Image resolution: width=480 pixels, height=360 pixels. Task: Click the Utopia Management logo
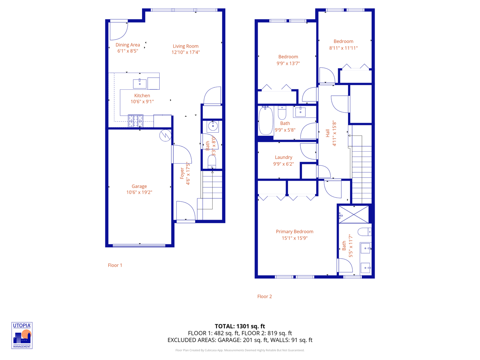22,335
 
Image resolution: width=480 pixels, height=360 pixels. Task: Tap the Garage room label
139,186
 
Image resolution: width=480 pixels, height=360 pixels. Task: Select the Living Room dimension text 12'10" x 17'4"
186,52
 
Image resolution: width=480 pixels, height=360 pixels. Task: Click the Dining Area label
128,45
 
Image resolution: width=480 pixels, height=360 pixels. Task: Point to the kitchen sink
140,84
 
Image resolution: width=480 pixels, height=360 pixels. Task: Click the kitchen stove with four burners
136,121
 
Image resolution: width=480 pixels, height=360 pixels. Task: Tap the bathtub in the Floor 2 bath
266,121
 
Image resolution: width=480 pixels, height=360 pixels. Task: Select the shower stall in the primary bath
354,214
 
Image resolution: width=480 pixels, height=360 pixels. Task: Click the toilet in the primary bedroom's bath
364,231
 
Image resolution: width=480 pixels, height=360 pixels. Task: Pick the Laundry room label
283,157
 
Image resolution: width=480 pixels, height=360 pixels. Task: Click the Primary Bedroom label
294,232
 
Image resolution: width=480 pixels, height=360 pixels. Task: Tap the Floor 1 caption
115,265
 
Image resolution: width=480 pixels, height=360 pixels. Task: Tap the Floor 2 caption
264,296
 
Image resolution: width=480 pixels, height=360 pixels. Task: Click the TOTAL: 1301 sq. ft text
240,326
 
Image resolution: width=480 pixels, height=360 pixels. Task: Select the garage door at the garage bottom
139,246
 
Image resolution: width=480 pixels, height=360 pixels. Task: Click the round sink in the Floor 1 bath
213,126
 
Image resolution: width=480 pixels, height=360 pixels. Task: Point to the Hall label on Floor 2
328,133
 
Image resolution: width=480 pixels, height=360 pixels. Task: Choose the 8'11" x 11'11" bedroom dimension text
343,48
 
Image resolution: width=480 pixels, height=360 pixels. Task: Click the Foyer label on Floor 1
182,173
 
